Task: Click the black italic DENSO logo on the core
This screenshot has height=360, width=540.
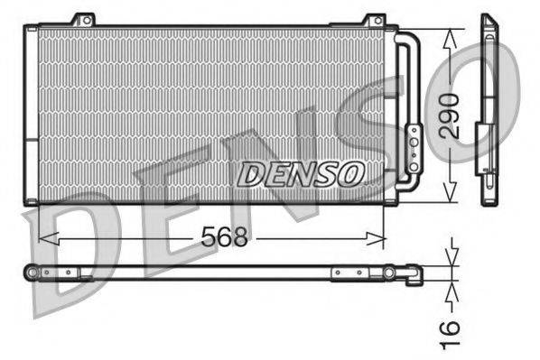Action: [x=301, y=173]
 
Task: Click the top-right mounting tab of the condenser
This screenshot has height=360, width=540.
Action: [x=373, y=19]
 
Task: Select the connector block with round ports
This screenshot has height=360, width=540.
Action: [x=413, y=148]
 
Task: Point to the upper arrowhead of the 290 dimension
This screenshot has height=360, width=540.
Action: [x=452, y=33]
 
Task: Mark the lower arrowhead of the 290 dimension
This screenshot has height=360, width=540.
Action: [x=452, y=197]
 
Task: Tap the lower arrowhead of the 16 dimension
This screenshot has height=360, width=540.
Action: [x=452, y=286]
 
